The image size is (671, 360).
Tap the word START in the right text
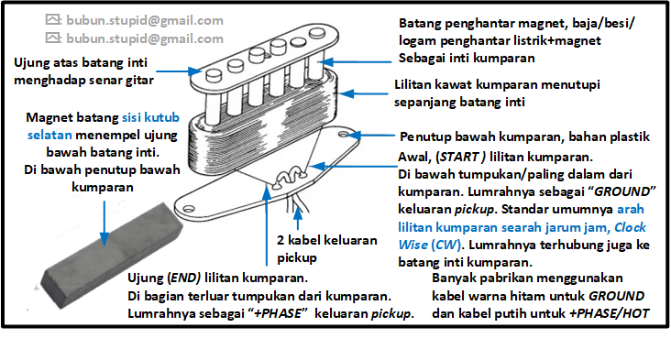[460, 157]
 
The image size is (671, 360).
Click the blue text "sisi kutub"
[150, 117]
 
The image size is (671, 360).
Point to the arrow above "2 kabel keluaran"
[297, 218]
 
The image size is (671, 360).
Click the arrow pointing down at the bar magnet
[104, 224]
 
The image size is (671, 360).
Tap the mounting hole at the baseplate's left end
[189, 209]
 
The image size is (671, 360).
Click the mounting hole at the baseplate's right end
[343, 135]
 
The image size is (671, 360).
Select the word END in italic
[184, 278]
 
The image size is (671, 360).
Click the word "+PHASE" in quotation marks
[278, 313]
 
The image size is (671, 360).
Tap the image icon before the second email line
[53, 38]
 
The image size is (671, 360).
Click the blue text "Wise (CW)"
[430, 245]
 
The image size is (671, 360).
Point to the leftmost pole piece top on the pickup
[214, 75]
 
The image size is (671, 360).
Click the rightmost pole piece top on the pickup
[317, 32]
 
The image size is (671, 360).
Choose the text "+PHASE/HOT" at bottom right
[609, 313]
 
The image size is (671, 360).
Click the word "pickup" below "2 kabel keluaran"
[297, 257]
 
